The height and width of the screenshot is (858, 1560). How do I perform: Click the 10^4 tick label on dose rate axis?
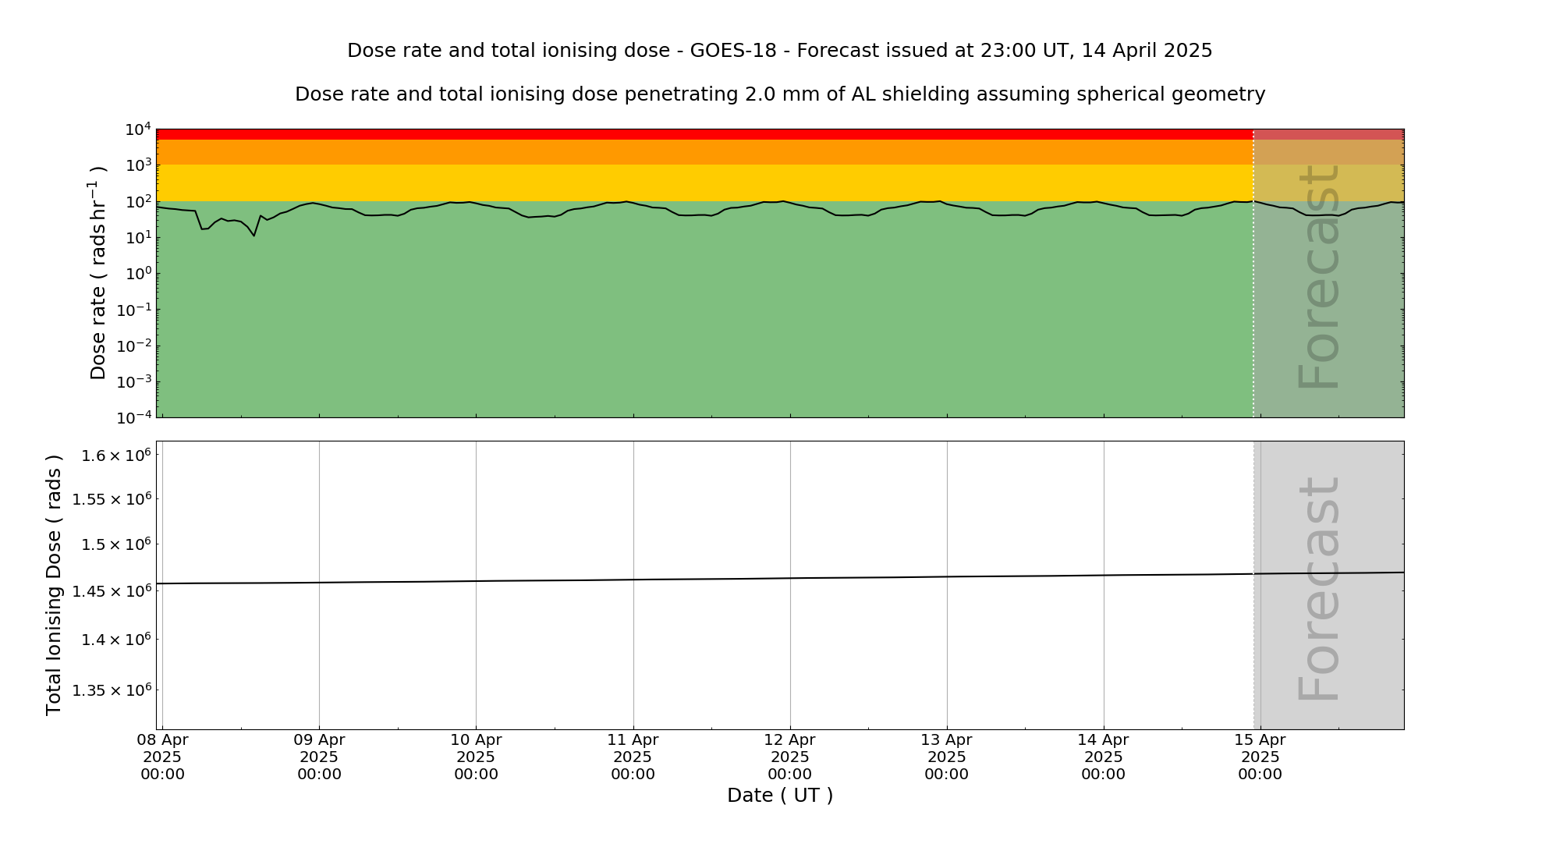click(137, 129)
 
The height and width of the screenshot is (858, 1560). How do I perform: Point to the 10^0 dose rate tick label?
click(137, 274)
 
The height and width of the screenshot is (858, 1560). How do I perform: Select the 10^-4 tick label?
click(134, 418)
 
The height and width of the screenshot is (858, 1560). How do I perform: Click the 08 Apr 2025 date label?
click(162, 757)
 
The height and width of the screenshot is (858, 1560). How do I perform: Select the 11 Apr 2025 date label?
click(633, 757)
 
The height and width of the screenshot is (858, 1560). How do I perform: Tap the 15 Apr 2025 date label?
click(1260, 757)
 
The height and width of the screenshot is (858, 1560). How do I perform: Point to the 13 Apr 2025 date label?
click(946, 757)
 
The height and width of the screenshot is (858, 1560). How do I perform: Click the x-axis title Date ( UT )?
click(780, 796)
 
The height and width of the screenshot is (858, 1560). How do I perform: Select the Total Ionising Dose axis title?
click(53, 585)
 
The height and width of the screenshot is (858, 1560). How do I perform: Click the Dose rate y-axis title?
click(98, 273)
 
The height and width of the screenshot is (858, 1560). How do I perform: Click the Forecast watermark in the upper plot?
click(1318, 277)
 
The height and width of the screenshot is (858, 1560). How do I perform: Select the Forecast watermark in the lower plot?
click(1318, 589)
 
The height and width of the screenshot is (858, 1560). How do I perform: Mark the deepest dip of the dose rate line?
click(253, 236)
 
